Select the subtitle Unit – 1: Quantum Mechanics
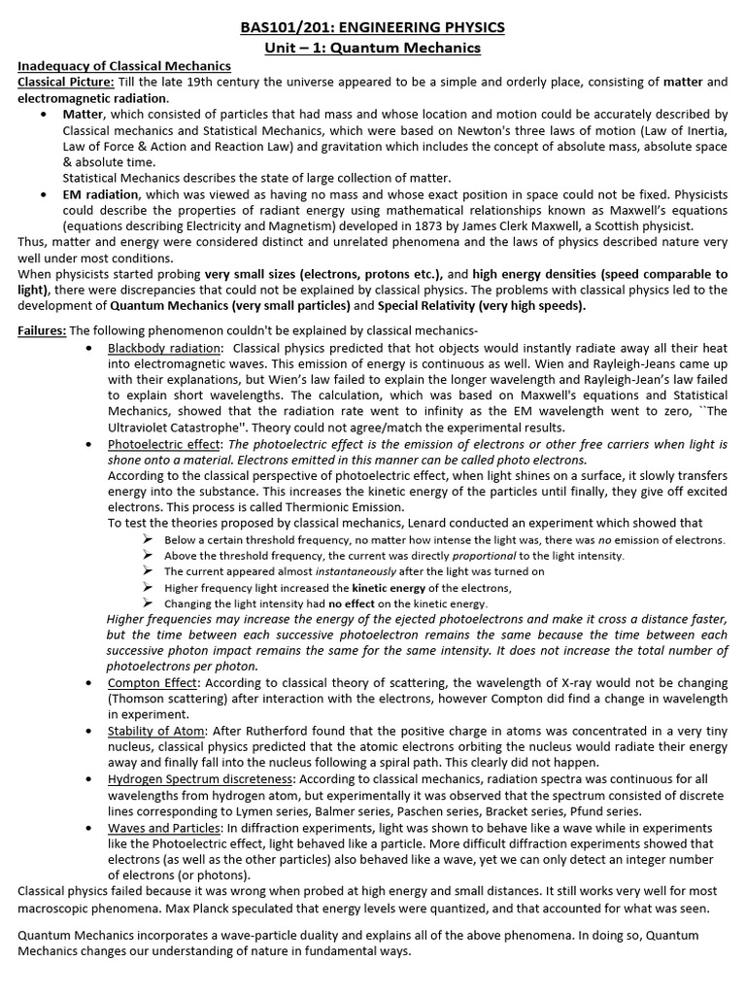[373, 48]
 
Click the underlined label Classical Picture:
[66, 82]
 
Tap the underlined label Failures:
[42, 330]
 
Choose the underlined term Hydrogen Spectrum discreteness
[199, 779]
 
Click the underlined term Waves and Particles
[164, 828]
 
